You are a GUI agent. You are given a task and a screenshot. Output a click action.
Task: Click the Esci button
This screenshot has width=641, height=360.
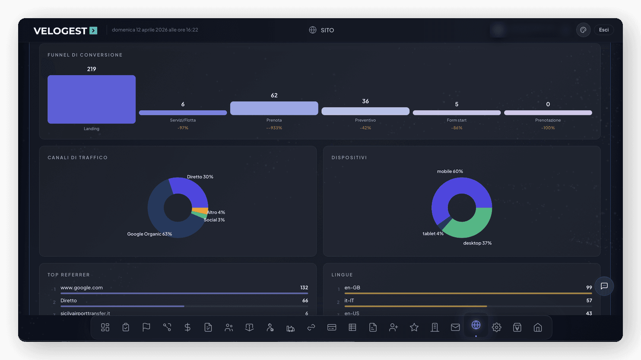603,30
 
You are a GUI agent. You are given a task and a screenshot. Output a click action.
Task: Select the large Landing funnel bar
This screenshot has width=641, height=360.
92,99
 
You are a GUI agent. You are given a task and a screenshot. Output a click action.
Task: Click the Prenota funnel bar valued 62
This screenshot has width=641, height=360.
274,108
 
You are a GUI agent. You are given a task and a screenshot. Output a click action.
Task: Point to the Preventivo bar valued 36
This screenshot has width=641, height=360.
365,111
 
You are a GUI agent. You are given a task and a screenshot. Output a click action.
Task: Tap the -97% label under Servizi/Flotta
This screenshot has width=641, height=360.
183,128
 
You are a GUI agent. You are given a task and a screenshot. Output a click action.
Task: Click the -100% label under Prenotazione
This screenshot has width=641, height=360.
548,128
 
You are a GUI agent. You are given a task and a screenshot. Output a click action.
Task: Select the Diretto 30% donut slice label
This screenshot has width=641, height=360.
200,177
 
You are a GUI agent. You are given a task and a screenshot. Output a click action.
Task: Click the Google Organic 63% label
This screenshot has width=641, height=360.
149,234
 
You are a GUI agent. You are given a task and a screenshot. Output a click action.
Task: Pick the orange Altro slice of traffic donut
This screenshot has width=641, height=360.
200,210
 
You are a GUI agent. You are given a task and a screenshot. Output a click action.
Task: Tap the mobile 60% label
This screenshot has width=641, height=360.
450,172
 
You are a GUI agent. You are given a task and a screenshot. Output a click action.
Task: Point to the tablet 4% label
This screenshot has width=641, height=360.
433,233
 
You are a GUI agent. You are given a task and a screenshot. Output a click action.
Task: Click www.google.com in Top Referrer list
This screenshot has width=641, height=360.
82,287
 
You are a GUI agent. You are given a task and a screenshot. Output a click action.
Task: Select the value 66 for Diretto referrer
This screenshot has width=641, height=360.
305,300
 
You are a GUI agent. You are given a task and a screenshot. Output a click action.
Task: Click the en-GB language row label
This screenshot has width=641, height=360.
352,287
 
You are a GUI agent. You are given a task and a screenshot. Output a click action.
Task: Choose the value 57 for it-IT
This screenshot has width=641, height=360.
589,300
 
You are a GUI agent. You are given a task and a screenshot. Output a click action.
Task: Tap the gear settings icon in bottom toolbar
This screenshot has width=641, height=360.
496,328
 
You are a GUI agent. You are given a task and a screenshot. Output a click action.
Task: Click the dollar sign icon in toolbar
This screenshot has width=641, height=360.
187,328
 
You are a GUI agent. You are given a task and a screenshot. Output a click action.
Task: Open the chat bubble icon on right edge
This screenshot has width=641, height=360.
604,286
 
